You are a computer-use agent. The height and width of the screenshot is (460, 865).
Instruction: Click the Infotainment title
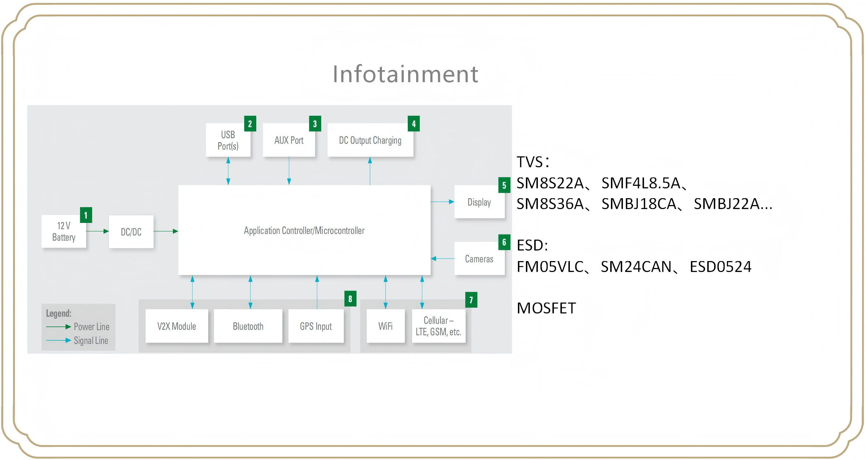[405, 74]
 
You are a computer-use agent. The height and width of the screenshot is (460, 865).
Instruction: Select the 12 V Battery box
[64, 232]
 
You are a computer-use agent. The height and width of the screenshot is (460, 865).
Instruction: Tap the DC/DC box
[131, 232]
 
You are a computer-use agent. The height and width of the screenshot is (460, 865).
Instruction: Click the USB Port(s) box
[228, 140]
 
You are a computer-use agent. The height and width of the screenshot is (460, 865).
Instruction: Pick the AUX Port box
[289, 140]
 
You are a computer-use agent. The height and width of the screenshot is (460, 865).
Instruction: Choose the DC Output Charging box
[370, 140]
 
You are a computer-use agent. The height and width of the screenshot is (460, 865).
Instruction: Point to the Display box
[479, 202]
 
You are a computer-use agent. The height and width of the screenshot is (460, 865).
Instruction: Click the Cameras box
[479, 259]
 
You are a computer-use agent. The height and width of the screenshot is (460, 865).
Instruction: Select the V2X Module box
[177, 326]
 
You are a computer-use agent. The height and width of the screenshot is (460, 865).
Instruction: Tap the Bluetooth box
[248, 326]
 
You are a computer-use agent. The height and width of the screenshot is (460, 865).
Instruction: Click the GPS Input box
[316, 326]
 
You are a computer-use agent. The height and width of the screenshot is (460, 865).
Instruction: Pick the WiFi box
[386, 326]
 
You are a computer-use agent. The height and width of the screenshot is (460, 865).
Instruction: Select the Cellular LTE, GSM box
[438, 326]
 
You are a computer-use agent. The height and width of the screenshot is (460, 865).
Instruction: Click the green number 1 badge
[86, 215]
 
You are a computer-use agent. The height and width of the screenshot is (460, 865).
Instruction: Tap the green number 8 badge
[350, 299]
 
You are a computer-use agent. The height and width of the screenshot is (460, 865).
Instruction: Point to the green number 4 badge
[414, 124]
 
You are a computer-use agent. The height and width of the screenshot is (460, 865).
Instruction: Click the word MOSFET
[546, 308]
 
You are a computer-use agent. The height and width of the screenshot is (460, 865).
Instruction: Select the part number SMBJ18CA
[639, 204]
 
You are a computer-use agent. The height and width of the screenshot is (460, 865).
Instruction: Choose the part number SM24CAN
[636, 267]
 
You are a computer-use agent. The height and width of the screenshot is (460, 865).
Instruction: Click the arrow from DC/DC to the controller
[166, 231]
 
